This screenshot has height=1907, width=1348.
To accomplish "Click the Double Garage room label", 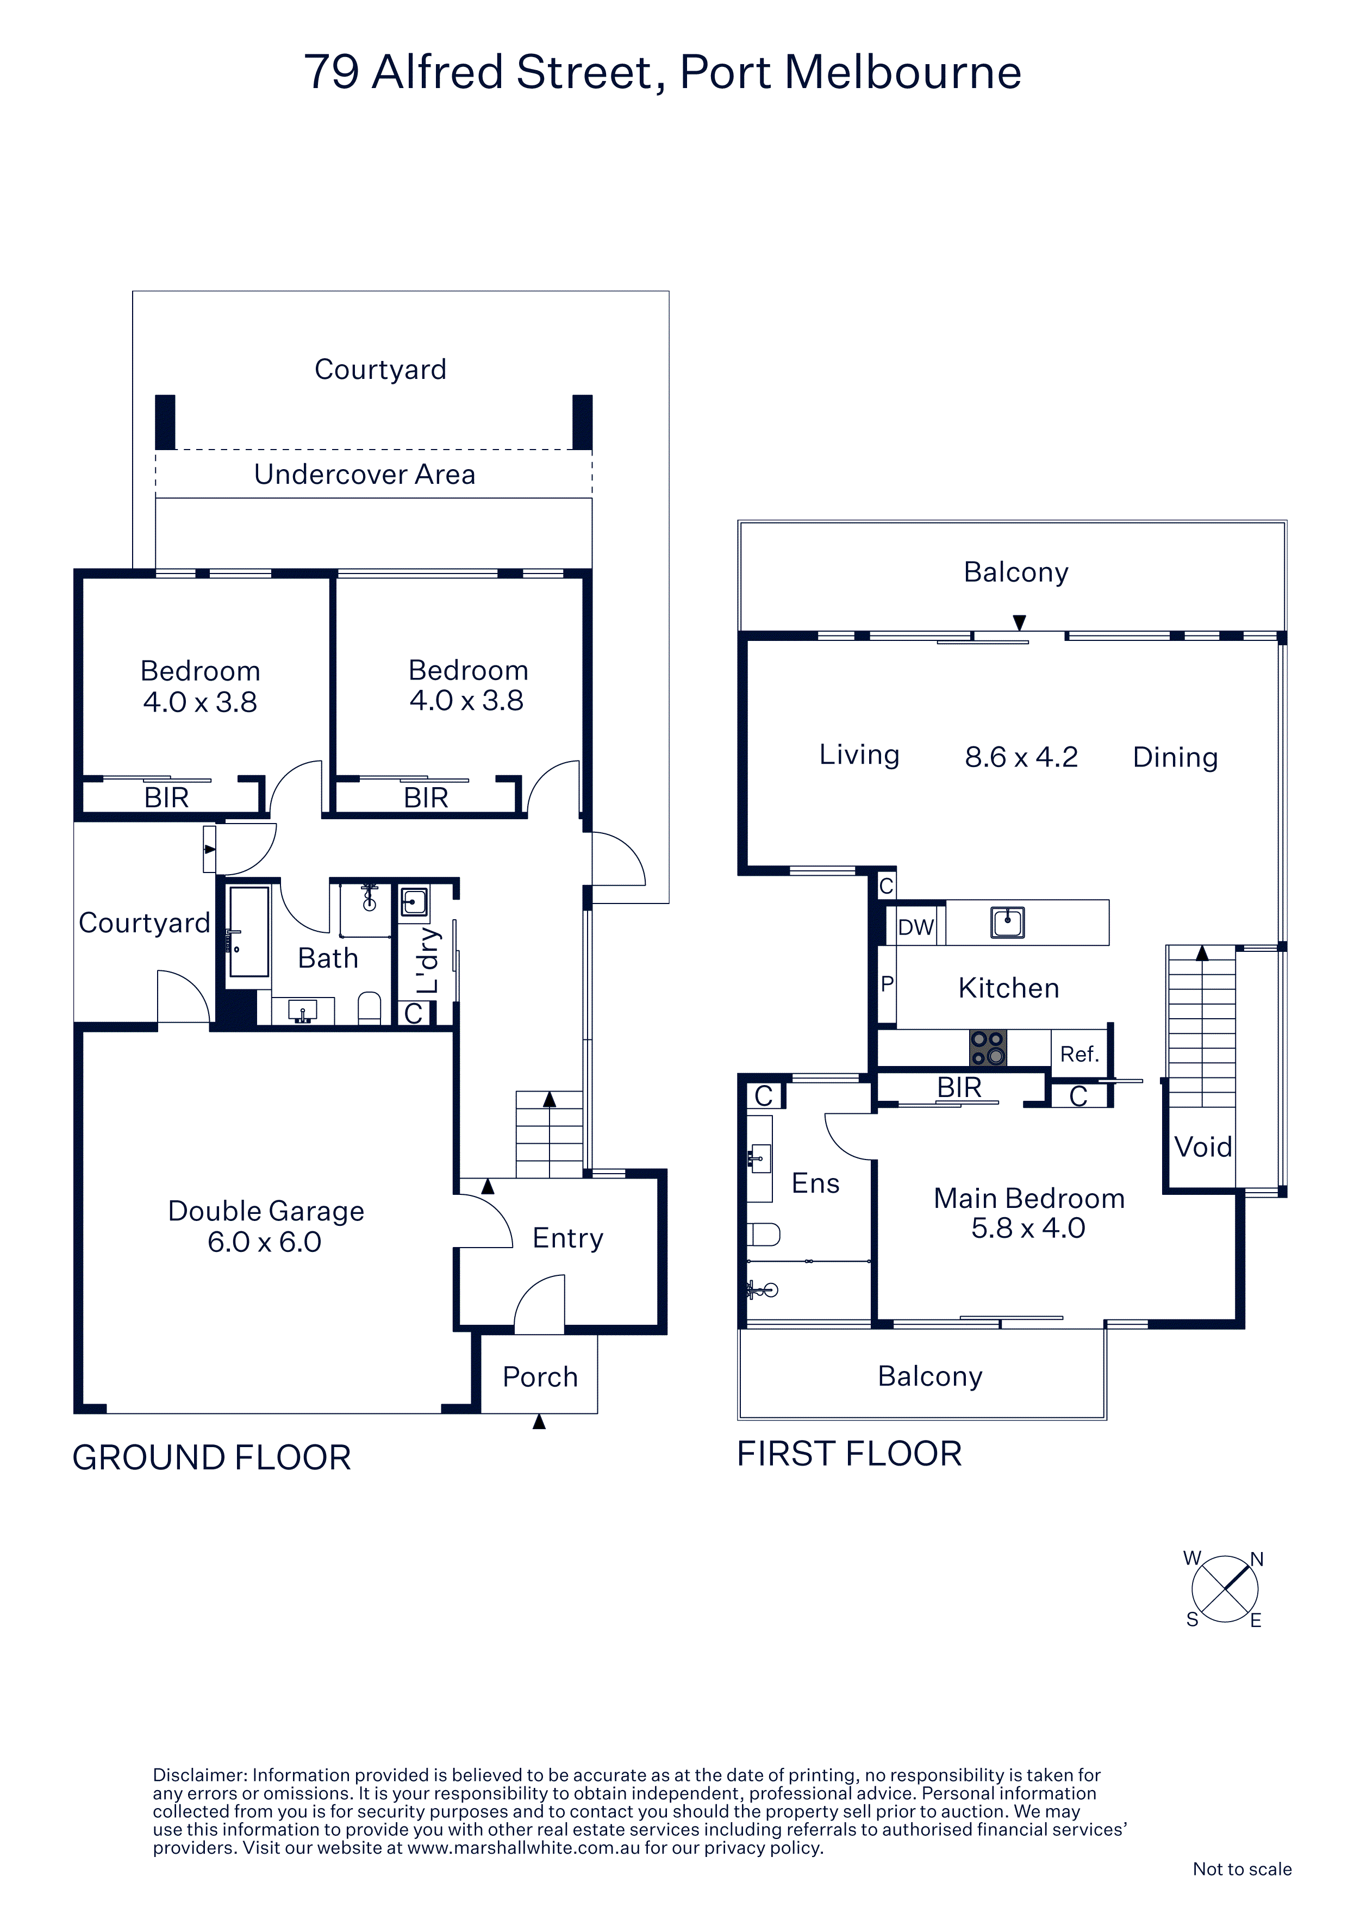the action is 266,1226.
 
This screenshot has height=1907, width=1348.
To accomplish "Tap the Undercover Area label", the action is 365,474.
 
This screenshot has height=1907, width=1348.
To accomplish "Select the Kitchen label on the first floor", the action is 1008,988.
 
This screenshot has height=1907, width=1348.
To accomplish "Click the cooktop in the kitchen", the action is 988,1048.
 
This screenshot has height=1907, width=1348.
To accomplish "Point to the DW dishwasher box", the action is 915,926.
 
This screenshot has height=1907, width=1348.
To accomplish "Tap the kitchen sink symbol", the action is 1008,922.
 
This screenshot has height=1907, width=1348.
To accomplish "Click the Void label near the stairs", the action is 1203,1147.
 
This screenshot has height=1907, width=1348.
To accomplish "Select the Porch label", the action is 540,1376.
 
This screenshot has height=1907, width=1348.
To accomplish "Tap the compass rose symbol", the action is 1225,1589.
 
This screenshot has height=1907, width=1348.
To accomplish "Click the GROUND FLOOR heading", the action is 212,1457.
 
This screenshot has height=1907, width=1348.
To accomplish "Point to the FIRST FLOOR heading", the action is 850,1454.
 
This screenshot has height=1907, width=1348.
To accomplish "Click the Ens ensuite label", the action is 816,1183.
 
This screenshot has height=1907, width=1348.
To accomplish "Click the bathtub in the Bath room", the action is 248,931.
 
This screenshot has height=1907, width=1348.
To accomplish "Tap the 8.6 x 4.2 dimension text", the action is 1021,757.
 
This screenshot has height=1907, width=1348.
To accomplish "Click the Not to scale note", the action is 1241,1869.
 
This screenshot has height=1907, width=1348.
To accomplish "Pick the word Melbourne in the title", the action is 903,72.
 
